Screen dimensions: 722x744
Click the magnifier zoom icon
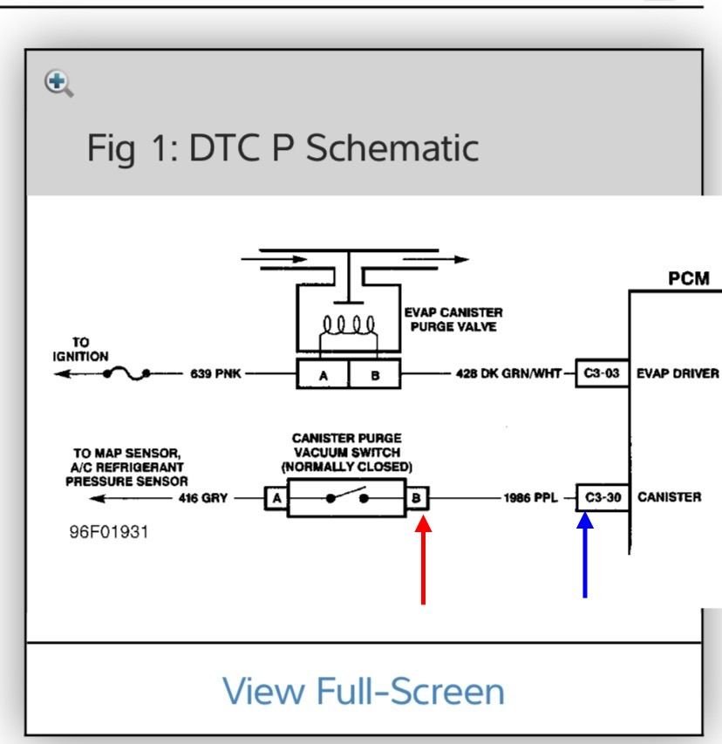pyautogui.click(x=58, y=84)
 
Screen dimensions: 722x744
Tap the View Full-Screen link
pyautogui.click(x=364, y=691)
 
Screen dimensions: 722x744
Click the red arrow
pyautogui.click(x=423, y=560)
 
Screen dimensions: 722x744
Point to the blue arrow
pyautogui.click(x=585, y=555)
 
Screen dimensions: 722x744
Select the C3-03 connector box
pyautogui.click(x=602, y=373)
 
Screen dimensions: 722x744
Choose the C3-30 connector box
pyautogui.click(x=603, y=498)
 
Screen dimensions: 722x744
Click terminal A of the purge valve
pyautogui.click(x=323, y=374)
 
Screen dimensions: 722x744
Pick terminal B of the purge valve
pyautogui.click(x=375, y=374)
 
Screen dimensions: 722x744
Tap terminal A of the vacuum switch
pyautogui.click(x=276, y=498)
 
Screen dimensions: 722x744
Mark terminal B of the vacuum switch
pyautogui.click(x=417, y=498)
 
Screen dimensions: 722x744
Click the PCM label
pyautogui.click(x=689, y=278)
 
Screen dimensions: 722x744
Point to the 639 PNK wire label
pyautogui.click(x=216, y=374)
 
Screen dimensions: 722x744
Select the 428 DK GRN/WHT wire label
pyautogui.click(x=508, y=374)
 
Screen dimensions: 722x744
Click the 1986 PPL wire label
pyautogui.click(x=530, y=498)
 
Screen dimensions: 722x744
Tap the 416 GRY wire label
pyautogui.click(x=203, y=498)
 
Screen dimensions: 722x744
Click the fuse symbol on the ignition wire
pyautogui.click(x=126, y=373)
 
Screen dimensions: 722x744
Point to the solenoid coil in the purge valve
pyautogui.click(x=349, y=325)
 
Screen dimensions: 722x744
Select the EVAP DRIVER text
pyautogui.click(x=678, y=374)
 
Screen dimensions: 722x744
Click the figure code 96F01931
pyautogui.click(x=109, y=532)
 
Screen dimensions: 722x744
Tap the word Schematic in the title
pyautogui.click(x=392, y=148)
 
